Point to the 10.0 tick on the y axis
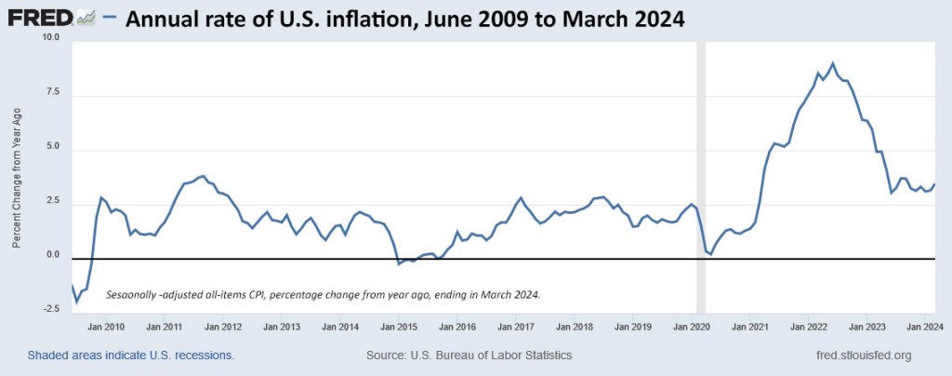pyautogui.click(x=49, y=37)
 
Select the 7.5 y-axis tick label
pyautogui.click(x=52, y=92)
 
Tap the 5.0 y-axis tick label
pyautogui.click(x=52, y=147)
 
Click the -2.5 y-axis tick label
pyautogui.click(x=50, y=309)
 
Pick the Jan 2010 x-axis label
pyautogui.click(x=107, y=327)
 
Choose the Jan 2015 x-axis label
pyautogui.click(x=399, y=327)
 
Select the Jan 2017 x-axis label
pyautogui.click(x=516, y=327)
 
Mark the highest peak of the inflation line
pyautogui.click(x=832, y=63)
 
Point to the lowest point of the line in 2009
pyautogui.click(x=76, y=302)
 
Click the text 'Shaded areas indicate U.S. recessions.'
pyautogui.click(x=130, y=356)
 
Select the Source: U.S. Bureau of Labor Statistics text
pyautogui.click(x=469, y=356)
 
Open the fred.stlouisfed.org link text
pyautogui.click(x=862, y=356)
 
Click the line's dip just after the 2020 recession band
pyautogui.click(x=711, y=253)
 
